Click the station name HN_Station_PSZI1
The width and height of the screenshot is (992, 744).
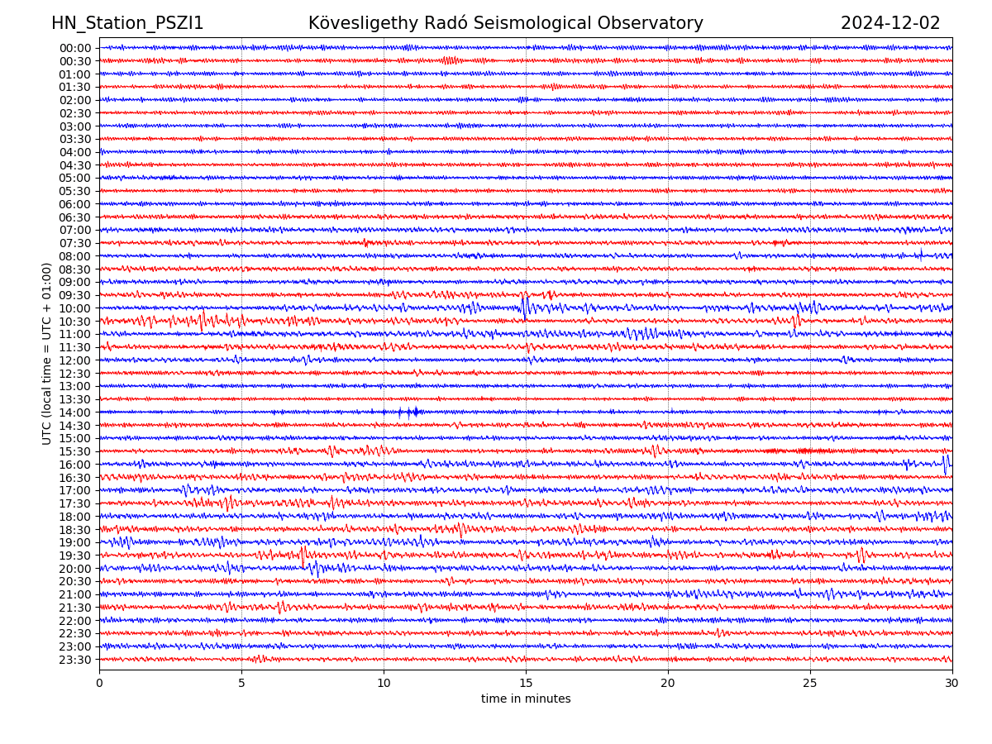(127, 23)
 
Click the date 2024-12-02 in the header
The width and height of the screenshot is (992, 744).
(890, 23)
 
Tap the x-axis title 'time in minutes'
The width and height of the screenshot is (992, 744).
(526, 699)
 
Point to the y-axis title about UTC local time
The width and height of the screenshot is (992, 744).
(47, 353)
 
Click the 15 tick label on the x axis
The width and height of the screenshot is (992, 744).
(526, 683)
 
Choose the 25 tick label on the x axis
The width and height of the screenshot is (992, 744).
(810, 683)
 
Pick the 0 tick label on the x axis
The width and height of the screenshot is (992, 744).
(99, 683)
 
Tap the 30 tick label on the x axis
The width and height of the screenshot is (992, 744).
(952, 683)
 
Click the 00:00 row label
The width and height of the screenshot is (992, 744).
(75, 48)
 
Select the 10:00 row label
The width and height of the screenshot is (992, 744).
(75, 308)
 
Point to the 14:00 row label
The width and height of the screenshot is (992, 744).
(75, 413)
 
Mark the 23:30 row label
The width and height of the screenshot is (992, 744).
(75, 660)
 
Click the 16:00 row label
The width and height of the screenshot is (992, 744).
(75, 465)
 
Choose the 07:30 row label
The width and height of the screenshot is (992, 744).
(75, 243)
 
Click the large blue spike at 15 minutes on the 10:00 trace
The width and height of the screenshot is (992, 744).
(525, 306)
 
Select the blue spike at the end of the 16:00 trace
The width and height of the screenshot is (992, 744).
(946, 464)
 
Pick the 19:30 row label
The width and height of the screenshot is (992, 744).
(75, 556)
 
